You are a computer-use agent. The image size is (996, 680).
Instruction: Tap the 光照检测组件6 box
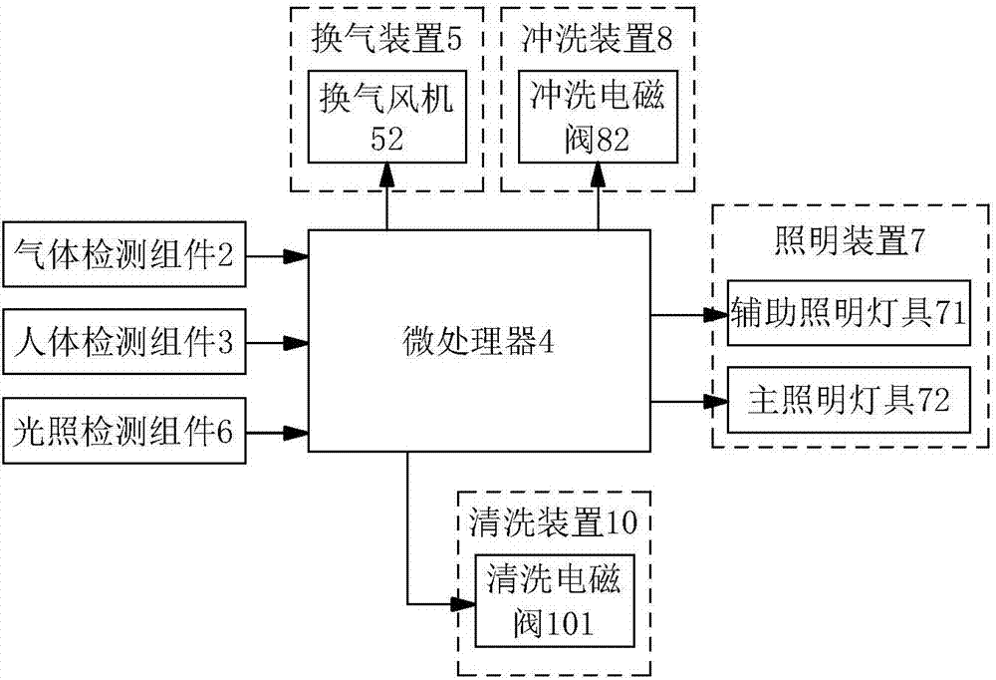point(124,432)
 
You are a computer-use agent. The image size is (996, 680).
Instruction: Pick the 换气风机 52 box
point(387,118)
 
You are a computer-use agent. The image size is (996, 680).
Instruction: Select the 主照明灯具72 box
point(848,401)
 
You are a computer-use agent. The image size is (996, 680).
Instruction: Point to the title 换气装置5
point(387,40)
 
